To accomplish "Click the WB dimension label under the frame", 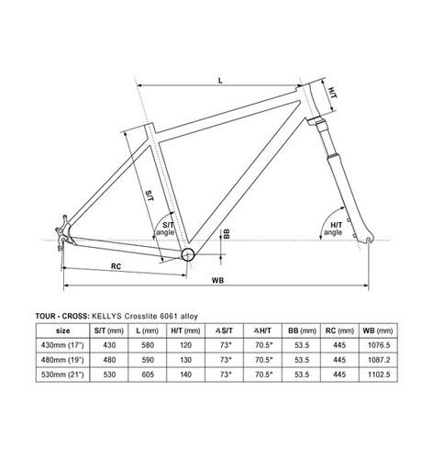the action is (217, 280).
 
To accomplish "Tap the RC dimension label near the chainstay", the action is (116, 266).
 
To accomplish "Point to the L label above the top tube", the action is (220, 81).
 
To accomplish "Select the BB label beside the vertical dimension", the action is (227, 234).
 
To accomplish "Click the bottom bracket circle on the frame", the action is (188, 254).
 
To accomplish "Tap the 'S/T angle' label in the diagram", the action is (165, 229).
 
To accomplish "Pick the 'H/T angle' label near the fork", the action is (333, 229).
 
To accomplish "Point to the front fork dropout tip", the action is (370, 240).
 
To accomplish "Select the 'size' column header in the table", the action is (62, 330).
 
